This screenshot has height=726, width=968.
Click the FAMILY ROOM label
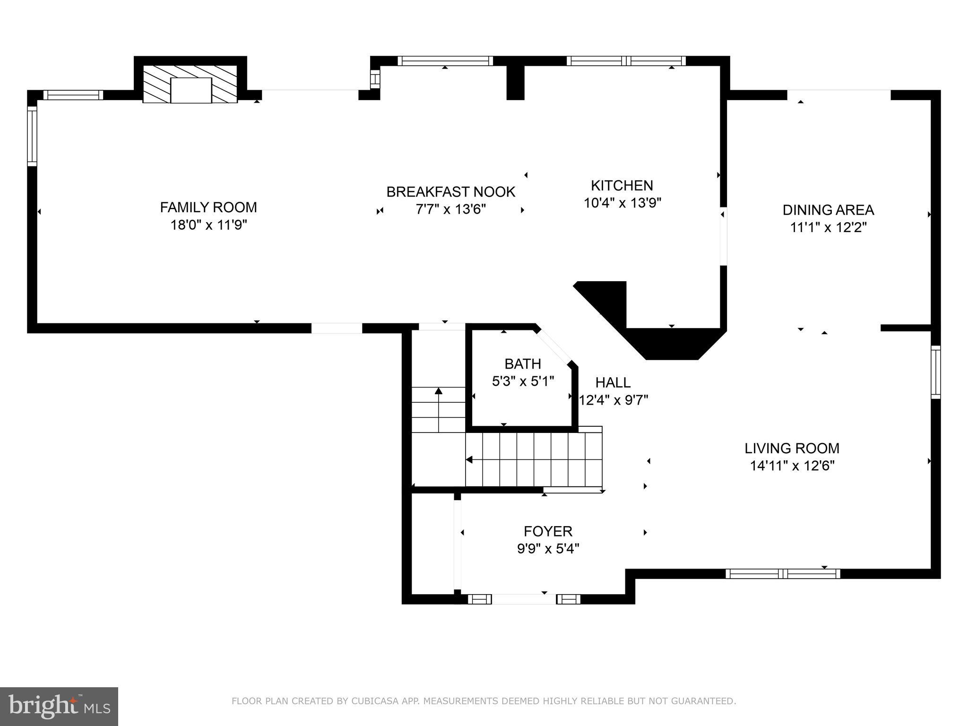point(208,207)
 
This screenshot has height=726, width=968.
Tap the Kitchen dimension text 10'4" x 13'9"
point(622,203)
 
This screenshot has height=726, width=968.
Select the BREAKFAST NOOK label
point(450,192)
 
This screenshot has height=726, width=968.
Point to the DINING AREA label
point(828,210)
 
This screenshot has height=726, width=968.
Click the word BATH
point(523,363)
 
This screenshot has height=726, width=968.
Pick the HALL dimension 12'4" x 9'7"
point(614,400)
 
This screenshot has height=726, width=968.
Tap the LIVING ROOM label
point(792,448)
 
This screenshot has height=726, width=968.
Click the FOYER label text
point(548,531)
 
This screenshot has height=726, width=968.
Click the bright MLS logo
point(59,706)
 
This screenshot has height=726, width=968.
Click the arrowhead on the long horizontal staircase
point(469,459)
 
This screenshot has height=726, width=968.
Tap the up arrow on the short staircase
point(439,390)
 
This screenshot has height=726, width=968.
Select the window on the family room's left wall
point(32,136)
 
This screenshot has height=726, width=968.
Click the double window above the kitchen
point(626,61)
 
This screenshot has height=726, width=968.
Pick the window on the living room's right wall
point(935,372)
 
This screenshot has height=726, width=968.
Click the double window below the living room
point(783,574)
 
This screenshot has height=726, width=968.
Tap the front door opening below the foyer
point(524,599)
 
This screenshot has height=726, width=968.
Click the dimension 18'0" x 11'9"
point(208,225)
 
